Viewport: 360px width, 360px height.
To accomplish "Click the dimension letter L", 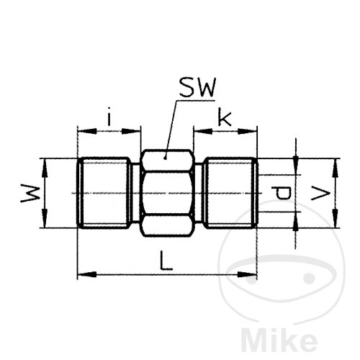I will [166, 262].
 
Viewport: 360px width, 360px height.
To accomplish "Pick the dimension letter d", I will [282, 193].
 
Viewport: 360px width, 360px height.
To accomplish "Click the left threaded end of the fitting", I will [104, 193].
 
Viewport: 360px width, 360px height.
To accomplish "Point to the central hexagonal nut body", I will [166, 193].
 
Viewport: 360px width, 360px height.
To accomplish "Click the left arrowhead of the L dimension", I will [81, 274].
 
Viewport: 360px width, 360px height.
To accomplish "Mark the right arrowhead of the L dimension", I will [253, 274].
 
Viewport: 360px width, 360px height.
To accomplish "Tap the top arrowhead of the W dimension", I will [45, 162].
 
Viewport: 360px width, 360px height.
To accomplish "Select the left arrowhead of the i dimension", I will [81, 131].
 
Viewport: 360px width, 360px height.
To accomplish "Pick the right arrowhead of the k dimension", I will [253, 131].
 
